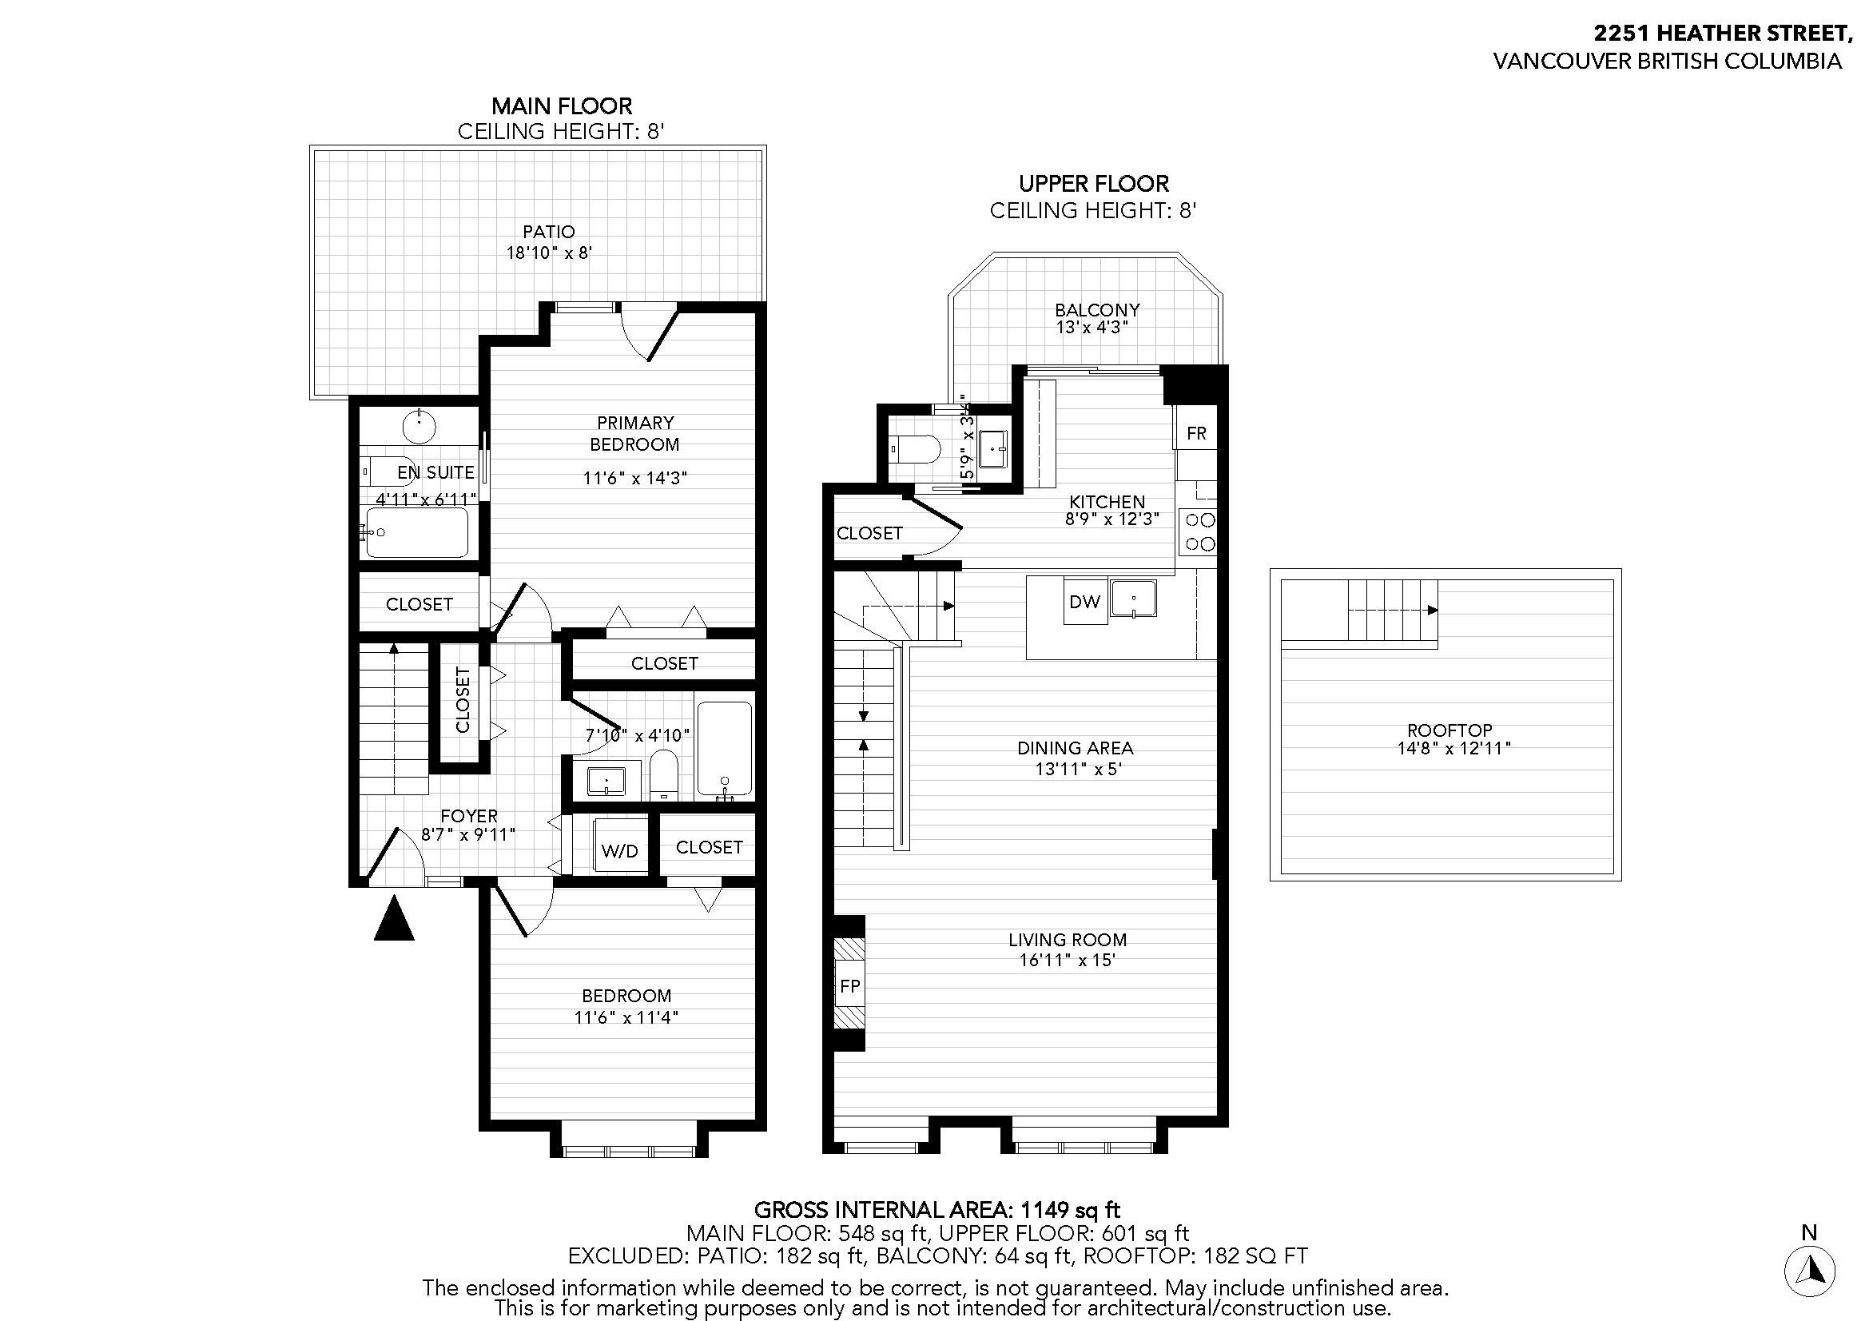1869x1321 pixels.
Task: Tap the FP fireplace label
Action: pos(849,985)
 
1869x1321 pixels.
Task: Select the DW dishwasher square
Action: pos(1084,603)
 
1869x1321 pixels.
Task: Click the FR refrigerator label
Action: pos(1196,433)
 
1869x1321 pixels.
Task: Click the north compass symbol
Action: pos(1809,1269)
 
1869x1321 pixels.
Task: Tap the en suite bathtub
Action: pos(417,533)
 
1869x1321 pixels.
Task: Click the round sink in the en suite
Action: pos(420,426)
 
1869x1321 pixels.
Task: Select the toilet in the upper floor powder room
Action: pos(915,448)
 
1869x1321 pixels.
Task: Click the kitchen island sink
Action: pos(1134,599)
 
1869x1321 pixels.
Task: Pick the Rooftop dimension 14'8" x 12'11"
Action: pos(1453,748)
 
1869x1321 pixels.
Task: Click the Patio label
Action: pos(549,232)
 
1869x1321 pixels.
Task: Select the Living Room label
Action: pos(1068,939)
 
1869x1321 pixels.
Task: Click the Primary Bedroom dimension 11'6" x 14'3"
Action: pos(635,478)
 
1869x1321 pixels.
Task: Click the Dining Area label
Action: pos(1075,747)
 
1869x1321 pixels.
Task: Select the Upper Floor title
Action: pos(1093,183)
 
